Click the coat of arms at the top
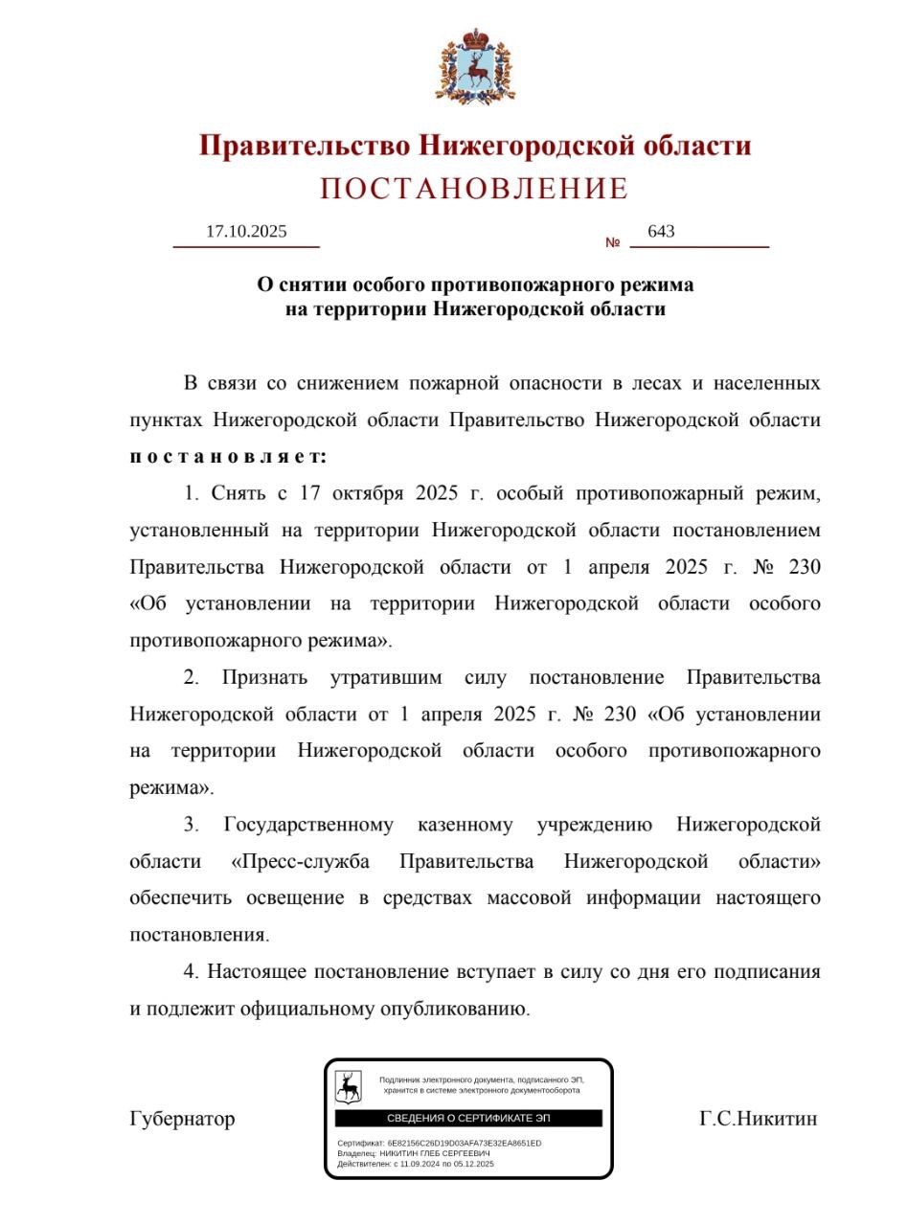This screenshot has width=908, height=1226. click(476, 66)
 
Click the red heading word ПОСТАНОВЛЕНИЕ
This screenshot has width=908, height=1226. click(474, 189)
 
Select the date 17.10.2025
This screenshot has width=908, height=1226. click(246, 232)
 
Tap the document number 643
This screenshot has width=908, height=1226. click(661, 232)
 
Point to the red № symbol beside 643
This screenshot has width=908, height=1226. click(613, 242)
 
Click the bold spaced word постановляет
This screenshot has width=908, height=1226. click(228, 457)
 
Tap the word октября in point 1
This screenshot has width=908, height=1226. click(368, 494)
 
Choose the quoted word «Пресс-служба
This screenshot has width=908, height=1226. click(301, 862)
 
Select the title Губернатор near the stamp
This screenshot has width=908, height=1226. click(182, 1119)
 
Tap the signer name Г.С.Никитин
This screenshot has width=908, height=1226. click(758, 1119)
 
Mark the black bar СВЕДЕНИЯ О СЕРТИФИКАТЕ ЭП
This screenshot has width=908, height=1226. click(468, 1119)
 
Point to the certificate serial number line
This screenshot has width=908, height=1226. click(440, 1144)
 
